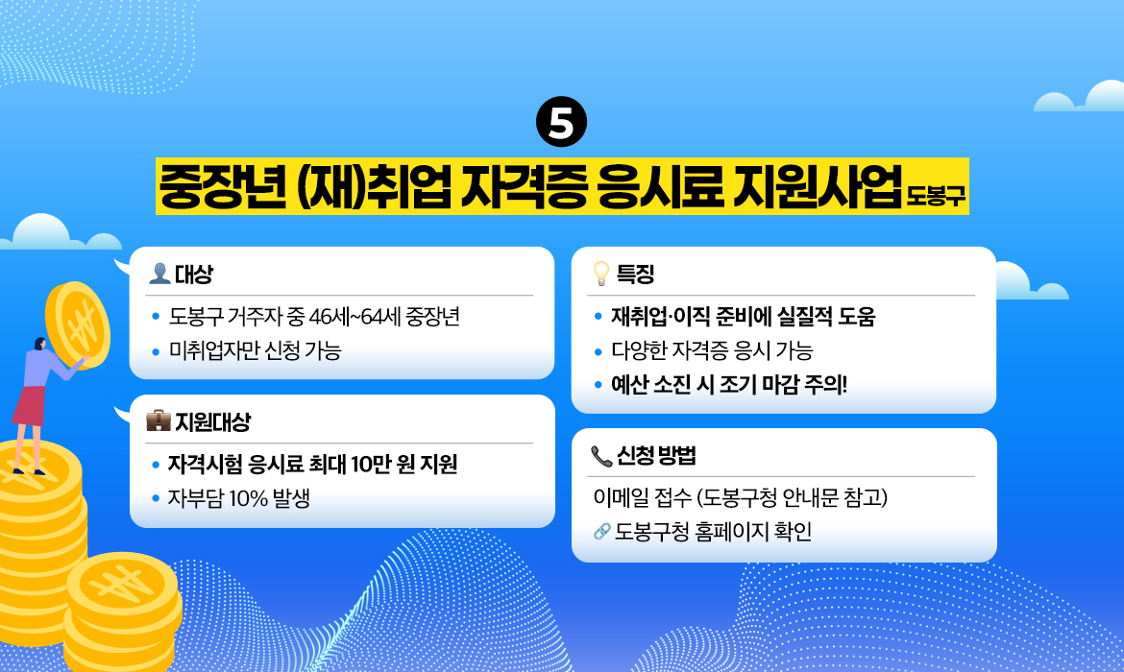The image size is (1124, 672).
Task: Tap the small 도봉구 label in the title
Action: coord(937,200)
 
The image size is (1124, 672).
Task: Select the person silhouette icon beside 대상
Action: coord(159,275)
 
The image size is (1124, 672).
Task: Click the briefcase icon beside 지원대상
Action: coord(158,420)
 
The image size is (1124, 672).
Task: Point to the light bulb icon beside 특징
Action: coord(601,275)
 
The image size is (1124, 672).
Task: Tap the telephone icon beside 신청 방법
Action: coord(601,456)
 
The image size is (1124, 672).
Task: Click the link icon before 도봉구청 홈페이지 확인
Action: coord(602,531)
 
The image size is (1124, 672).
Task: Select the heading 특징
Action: coord(635,275)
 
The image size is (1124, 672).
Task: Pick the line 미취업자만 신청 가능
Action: coord(255,351)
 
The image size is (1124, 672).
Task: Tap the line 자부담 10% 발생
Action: coord(238,498)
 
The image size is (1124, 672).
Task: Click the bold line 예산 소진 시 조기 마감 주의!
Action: coord(729,385)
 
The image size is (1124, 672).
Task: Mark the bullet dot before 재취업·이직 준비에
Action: coord(598,317)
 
